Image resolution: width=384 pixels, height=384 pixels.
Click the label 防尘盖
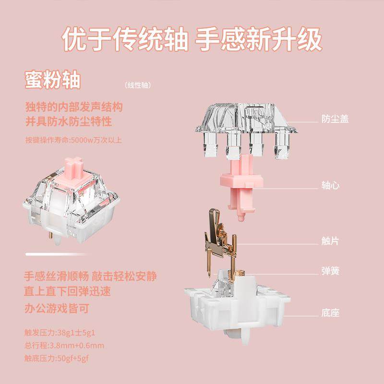[x=335, y=119]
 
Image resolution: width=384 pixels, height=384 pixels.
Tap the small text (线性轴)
[x=138, y=85]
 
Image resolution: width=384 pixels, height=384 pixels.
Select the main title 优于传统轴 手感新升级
[x=192, y=40]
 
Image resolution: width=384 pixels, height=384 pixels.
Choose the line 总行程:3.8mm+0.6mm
[x=64, y=345]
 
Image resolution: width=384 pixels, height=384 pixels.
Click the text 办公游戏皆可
[x=58, y=308]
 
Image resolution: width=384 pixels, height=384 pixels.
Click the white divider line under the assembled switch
[x=72, y=253]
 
